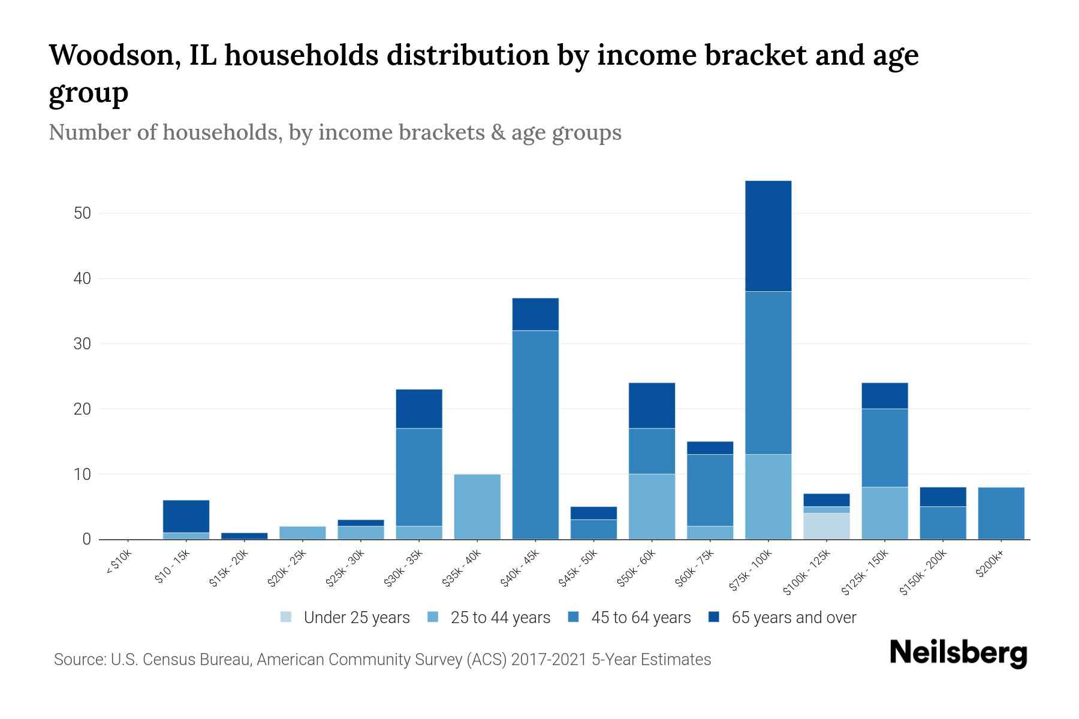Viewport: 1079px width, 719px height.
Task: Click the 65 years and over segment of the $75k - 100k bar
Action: click(x=768, y=236)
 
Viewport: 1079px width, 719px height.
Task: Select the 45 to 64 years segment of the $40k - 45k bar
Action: click(x=535, y=434)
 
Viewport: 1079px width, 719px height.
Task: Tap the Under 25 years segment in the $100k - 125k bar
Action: click(x=826, y=526)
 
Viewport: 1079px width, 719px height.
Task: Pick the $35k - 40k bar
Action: click(x=477, y=507)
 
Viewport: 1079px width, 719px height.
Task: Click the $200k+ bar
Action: click(x=1000, y=513)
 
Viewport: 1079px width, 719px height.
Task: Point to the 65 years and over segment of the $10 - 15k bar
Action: click(x=186, y=516)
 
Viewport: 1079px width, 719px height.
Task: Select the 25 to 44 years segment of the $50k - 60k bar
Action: click(x=652, y=506)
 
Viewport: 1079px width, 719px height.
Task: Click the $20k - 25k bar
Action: click(x=303, y=533)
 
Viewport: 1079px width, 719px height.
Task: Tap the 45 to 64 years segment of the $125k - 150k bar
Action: click(x=884, y=448)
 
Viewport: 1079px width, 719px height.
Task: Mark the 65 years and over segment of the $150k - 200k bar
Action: click(x=942, y=497)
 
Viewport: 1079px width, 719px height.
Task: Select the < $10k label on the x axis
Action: click(x=119, y=563)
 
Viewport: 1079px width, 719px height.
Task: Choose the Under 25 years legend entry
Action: click(x=345, y=618)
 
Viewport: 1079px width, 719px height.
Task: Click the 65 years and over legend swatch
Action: click(x=714, y=617)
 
